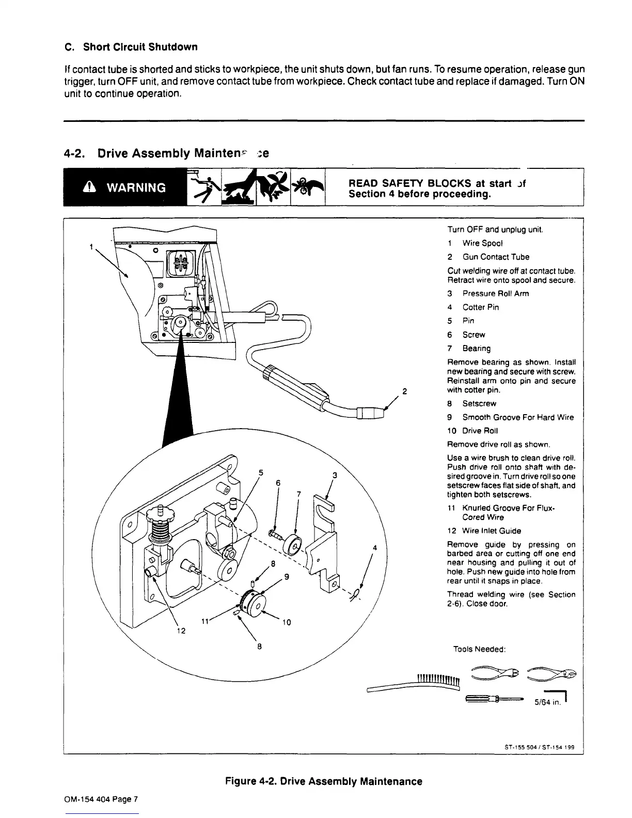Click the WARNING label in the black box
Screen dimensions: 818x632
[136, 187]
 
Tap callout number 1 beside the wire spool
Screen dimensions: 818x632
[91, 247]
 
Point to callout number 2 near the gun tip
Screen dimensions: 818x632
[405, 390]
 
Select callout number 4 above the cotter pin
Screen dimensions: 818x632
[374, 547]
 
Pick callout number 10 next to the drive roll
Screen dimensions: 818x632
[287, 622]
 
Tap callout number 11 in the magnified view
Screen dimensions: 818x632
[204, 621]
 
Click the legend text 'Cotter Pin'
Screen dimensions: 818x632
[480, 307]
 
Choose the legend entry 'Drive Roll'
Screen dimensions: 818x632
[480, 431]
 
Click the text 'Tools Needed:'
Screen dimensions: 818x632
[478, 649]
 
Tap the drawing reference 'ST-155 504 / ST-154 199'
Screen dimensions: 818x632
[539, 747]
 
